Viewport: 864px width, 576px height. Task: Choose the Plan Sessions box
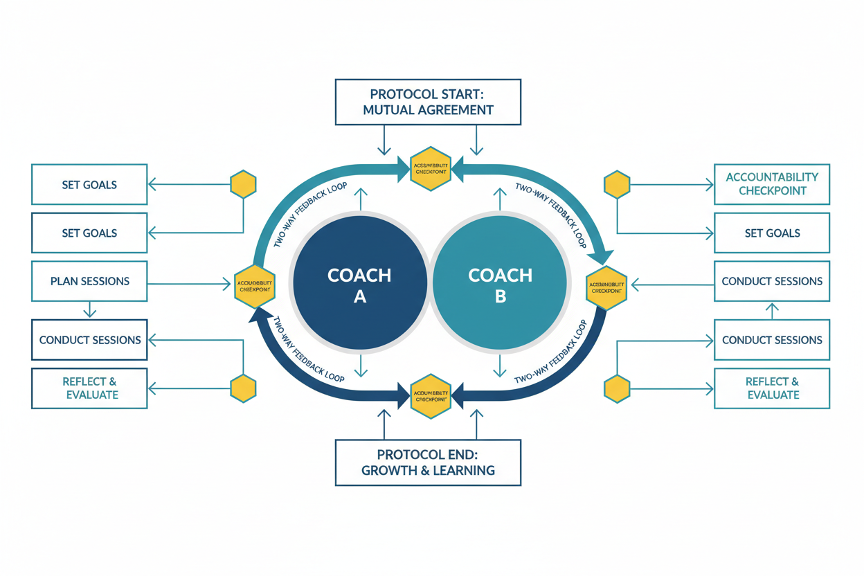(89, 281)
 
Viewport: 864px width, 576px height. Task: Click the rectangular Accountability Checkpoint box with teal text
(771, 184)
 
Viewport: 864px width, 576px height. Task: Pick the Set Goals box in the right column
(771, 233)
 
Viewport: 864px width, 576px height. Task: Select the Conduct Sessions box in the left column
(89, 340)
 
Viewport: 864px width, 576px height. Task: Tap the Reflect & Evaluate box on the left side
(89, 388)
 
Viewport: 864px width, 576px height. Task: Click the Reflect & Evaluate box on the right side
(771, 388)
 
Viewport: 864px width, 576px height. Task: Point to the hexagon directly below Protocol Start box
(431, 169)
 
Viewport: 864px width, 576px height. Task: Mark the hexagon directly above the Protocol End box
(431, 396)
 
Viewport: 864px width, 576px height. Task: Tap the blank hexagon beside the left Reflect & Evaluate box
(244, 388)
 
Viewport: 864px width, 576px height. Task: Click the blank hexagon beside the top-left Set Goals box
(243, 184)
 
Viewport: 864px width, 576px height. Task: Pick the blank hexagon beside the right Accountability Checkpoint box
(617, 185)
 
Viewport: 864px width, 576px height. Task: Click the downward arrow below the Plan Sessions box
(89, 309)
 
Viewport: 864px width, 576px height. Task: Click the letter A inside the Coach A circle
(360, 297)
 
